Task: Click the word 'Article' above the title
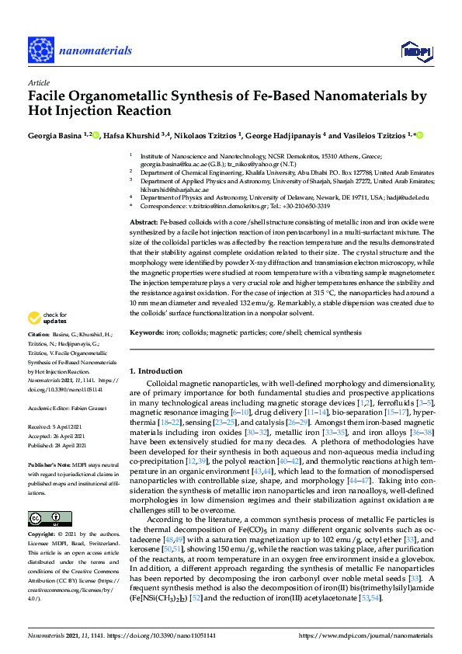coord(38,82)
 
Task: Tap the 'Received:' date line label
coord(39,427)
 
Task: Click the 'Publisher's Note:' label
coord(49,456)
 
